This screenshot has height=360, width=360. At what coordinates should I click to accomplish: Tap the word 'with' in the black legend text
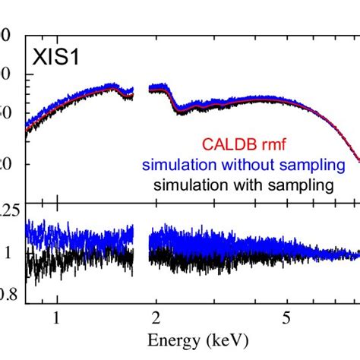click(x=254, y=185)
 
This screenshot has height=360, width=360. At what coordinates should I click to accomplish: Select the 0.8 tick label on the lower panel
click(x=8, y=295)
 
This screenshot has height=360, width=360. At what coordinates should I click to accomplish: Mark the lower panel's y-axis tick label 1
click(x=8, y=254)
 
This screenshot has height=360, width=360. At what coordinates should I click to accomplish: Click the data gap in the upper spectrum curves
click(x=141, y=91)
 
